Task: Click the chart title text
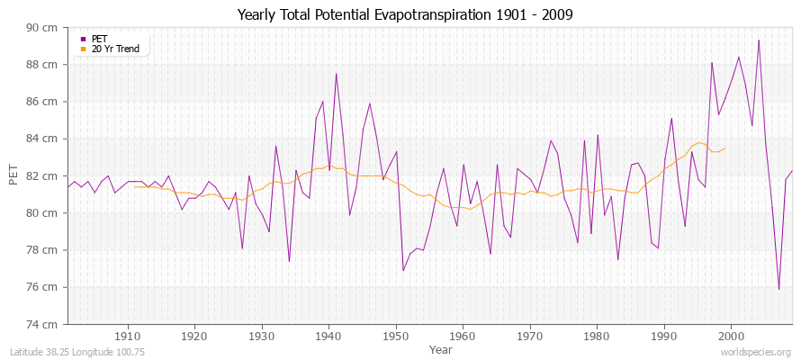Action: tap(404, 14)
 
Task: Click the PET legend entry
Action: tap(99, 39)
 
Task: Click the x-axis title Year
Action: tap(441, 348)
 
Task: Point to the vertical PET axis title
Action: tap(13, 175)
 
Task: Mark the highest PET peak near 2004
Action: tap(759, 40)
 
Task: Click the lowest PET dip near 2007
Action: tap(778, 289)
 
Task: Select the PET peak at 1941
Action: tap(336, 74)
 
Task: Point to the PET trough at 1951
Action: tap(403, 270)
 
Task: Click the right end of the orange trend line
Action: tap(724, 148)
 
